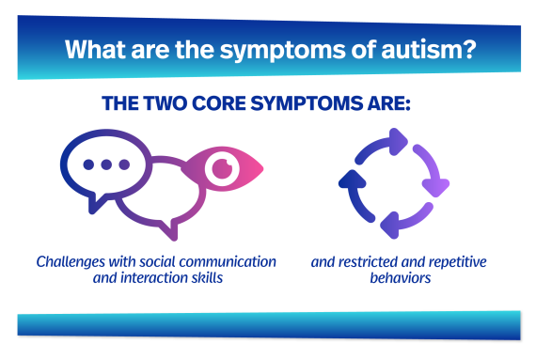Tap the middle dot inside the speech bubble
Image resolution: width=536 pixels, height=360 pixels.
[106, 164]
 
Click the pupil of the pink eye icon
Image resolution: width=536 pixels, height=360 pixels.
[222, 169]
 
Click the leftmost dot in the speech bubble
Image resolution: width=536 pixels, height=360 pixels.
[88, 164]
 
